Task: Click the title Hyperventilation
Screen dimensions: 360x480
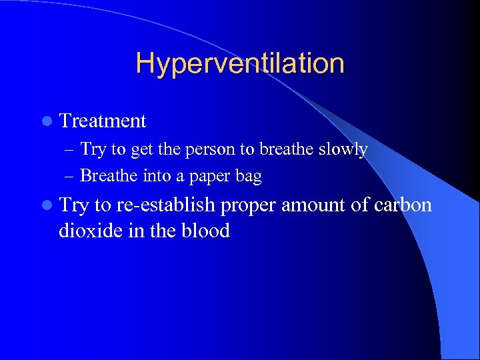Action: coord(240,64)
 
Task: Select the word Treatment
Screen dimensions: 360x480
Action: coord(103,121)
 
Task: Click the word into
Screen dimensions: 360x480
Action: coord(156,176)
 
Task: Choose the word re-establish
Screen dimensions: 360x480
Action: coord(166,205)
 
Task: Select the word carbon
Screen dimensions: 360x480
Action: coord(403,205)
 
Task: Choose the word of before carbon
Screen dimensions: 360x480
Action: coord(360,205)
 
